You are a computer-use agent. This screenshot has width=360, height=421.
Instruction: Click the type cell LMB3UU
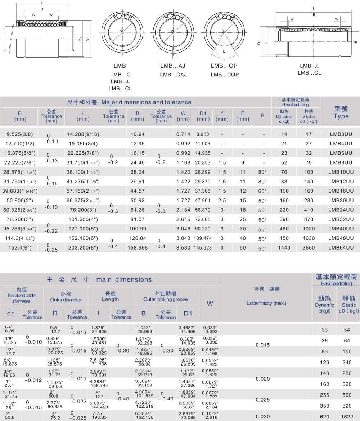click(341, 134)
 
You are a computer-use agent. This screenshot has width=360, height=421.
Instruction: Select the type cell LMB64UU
click(341, 247)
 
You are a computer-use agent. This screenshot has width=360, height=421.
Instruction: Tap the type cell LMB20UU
click(341, 200)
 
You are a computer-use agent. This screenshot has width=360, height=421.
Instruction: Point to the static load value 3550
click(309, 247)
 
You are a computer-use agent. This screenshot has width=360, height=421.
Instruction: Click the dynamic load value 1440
click(284, 247)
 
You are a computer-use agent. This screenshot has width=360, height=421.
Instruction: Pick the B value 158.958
click(138, 247)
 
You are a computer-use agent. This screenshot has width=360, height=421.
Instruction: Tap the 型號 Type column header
click(341, 113)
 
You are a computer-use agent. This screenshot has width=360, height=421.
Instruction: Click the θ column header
click(262, 116)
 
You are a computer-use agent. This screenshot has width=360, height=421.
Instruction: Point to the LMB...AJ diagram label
click(172, 66)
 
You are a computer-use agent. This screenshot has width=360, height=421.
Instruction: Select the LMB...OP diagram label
click(224, 66)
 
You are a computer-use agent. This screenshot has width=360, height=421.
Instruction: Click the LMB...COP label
click(225, 75)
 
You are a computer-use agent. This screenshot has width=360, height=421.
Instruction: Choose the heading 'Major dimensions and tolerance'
click(146, 102)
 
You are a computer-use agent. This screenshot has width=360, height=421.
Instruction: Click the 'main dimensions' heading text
click(124, 279)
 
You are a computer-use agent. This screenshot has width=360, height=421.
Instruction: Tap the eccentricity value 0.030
click(262, 416)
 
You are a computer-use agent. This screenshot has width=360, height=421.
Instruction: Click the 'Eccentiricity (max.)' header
click(266, 303)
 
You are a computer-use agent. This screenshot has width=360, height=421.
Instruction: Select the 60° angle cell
click(262, 191)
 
